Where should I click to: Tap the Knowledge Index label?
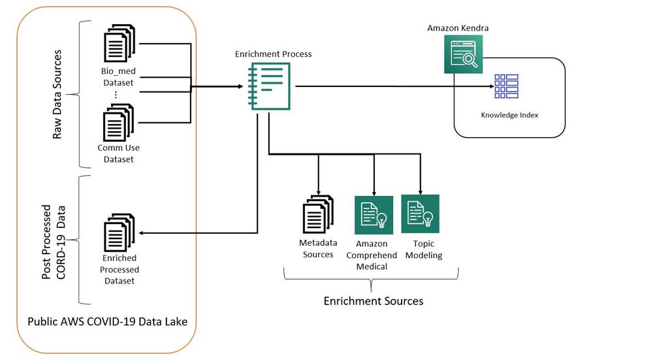coord(508,115)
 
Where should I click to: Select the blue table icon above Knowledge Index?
coord(506,87)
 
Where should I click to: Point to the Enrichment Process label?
coord(273,54)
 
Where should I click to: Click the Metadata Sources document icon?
coord(317,216)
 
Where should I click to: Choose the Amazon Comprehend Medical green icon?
coord(374,215)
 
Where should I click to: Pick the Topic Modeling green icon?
coord(420,214)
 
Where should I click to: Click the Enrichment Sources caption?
coord(374,301)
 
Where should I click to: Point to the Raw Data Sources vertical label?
coord(58,95)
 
